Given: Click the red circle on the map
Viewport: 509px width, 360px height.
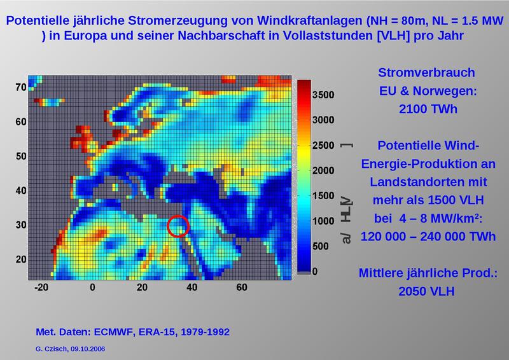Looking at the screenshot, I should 178,226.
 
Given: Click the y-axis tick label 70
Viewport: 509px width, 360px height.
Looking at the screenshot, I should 20,87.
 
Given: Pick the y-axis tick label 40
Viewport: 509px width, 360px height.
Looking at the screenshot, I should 20,190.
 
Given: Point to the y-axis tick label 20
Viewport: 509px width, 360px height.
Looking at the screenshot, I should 20,259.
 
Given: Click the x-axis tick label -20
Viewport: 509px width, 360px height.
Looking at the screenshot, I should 42,287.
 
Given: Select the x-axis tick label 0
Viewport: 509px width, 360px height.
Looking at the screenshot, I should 92,287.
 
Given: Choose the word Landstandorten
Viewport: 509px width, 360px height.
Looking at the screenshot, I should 431,182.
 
